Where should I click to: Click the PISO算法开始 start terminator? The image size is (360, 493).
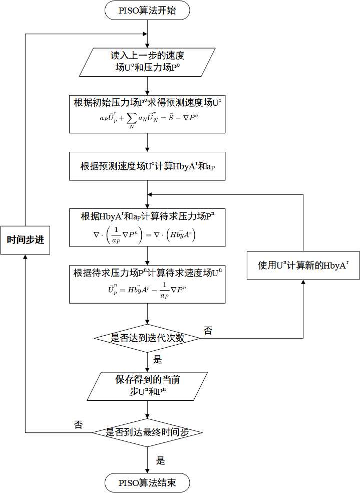click(x=147, y=11)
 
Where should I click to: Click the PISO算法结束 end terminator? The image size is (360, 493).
click(x=147, y=483)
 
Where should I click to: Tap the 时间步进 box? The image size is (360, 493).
click(x=25, y=240)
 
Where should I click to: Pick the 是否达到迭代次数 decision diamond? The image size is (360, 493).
click(x=147, y=338)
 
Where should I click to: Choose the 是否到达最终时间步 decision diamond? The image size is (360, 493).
click(x=147, y=432)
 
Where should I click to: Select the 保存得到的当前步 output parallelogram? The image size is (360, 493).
click(x=147, y=386)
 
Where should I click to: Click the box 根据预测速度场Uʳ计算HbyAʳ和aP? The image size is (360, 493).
click(x=147, y=166)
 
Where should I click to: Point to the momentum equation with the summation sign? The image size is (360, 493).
click(x=147, y=120)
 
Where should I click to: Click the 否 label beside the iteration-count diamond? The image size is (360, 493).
click(x=208, y=330)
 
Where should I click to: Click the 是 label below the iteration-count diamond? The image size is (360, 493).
click(x=157, y=360)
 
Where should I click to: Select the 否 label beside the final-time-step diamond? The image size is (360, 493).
click(x=78, y=425)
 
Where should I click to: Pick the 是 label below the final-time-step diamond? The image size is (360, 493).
click(x=160, y=460)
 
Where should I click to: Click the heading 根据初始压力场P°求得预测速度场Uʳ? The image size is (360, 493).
click(x=147, y=103)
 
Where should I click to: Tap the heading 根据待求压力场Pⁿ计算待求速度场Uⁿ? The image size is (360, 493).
click(x=147, y=273)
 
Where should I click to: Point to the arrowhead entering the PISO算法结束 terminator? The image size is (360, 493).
click(x=147, y=470)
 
